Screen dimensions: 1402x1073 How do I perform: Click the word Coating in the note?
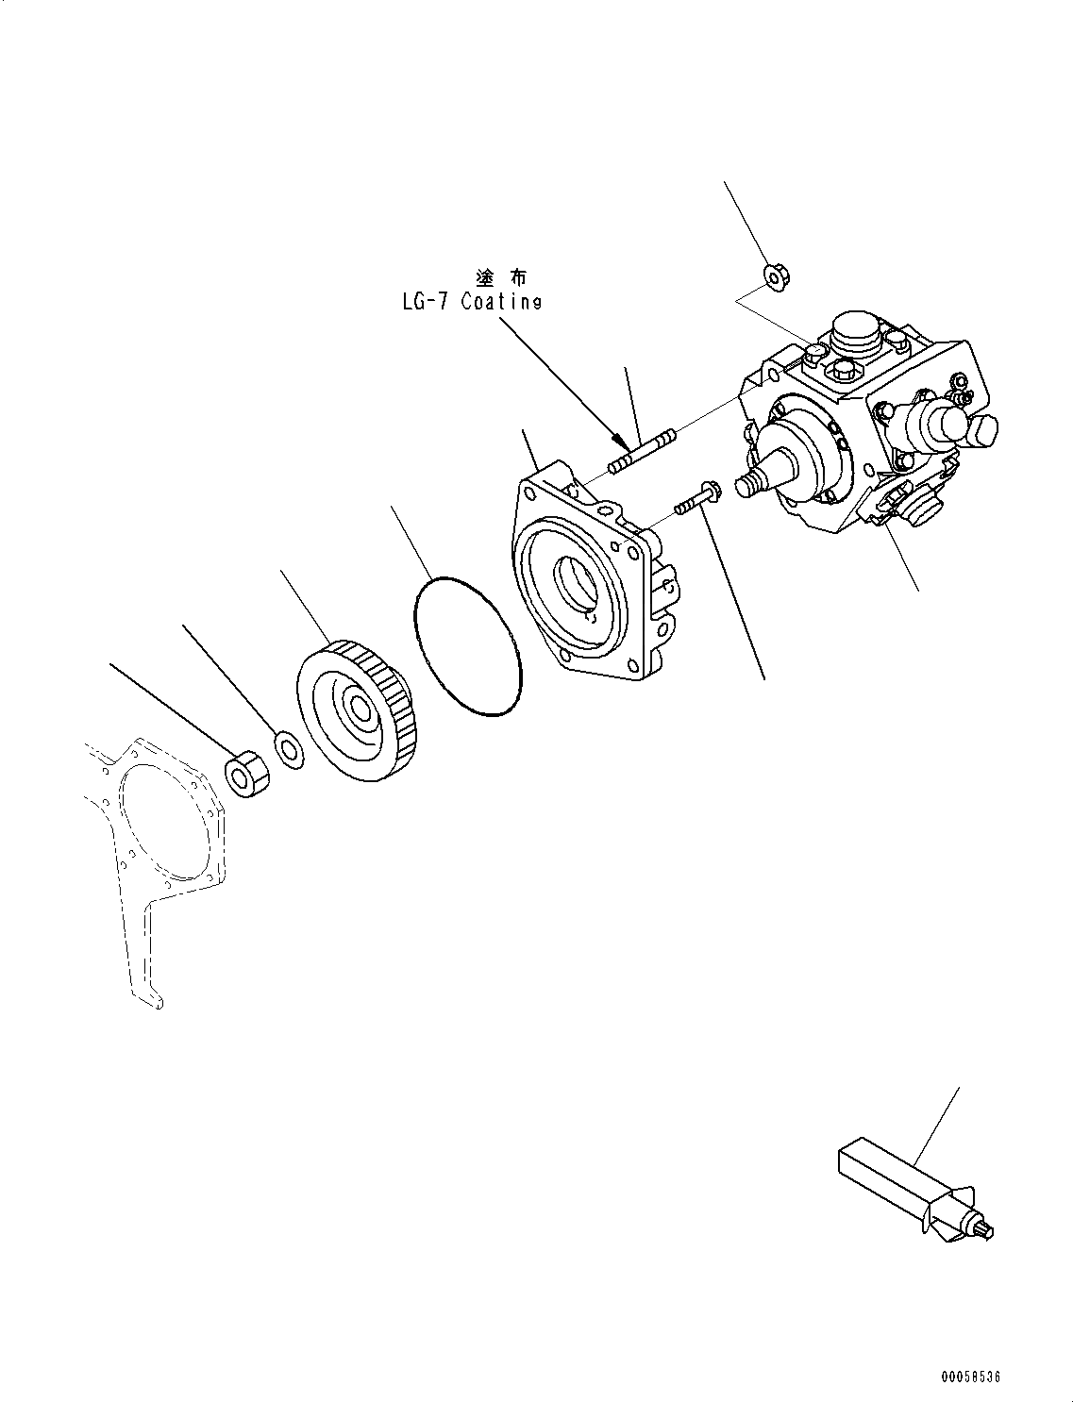(x=501, y=302)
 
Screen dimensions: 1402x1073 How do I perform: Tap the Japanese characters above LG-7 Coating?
(x=501, y=277)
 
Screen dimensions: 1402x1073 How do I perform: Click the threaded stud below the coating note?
(x=641, y=452)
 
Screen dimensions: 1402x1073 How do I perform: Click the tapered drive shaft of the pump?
(x=769, y=472)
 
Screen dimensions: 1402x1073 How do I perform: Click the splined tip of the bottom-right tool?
(x=985, y=1227)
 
